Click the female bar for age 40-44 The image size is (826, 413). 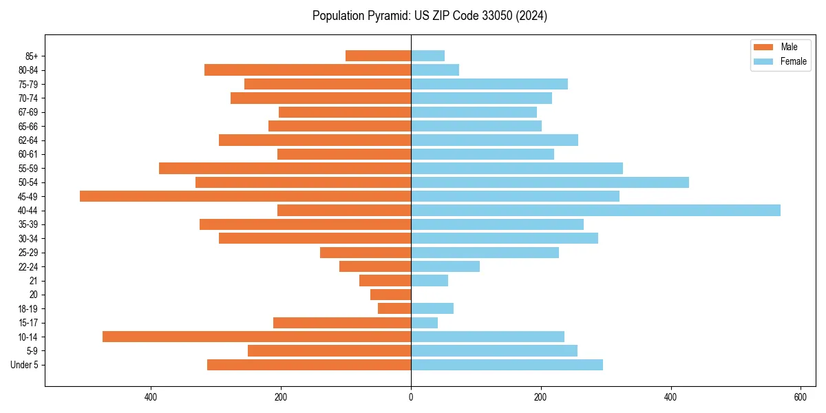595,211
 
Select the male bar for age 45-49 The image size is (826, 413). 245,196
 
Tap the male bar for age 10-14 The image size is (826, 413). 257,337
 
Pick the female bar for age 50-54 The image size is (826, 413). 550,182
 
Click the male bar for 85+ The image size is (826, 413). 378,56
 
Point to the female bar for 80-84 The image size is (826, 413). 435,70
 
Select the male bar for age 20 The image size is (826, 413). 390,295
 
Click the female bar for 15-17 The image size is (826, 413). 424,323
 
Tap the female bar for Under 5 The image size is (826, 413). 507,365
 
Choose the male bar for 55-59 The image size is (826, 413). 285,169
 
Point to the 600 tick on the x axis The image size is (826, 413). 801,397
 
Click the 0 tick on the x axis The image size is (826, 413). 411,397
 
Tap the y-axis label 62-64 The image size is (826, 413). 28,140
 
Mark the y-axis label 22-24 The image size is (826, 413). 28,267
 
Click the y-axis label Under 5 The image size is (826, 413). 25,365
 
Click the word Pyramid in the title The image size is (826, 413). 390,16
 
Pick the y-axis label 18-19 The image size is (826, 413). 28,309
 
